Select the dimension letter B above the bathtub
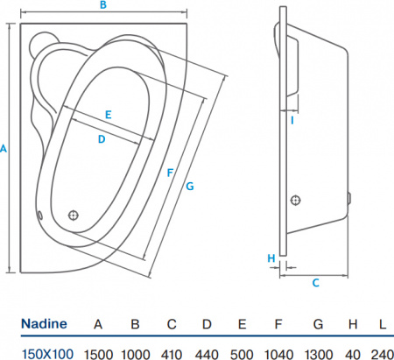[x=102, y=6]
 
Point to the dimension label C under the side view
[x=315, y=282]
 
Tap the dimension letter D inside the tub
[x=101, y=138]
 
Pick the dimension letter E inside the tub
[x=108, y=115]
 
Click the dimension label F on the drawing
[x=169, y=173]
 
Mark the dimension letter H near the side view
[x=271, y=258]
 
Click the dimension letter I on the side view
[x=292, y=120]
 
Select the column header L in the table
[x=382, y=324]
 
